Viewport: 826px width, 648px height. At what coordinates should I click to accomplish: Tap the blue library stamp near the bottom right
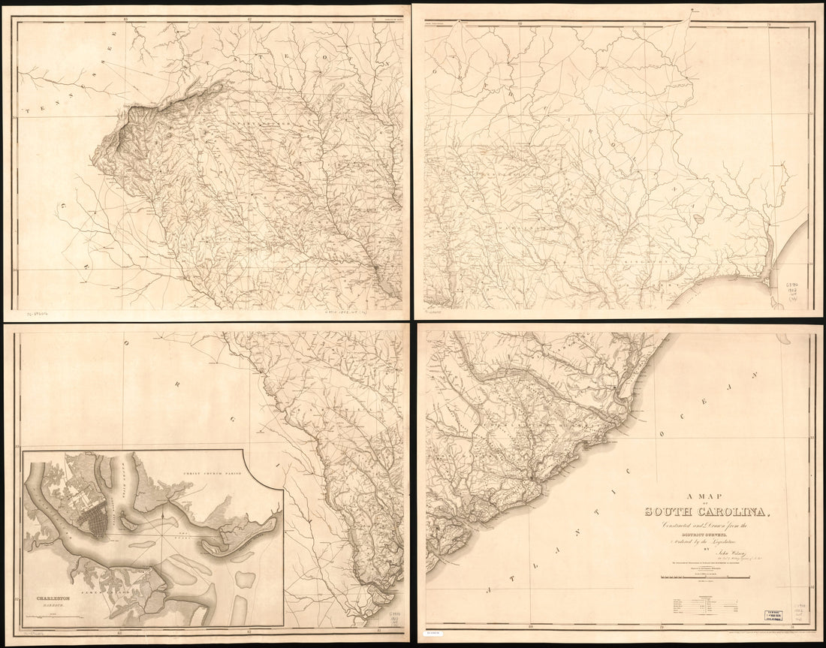(x=778, y=615)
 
